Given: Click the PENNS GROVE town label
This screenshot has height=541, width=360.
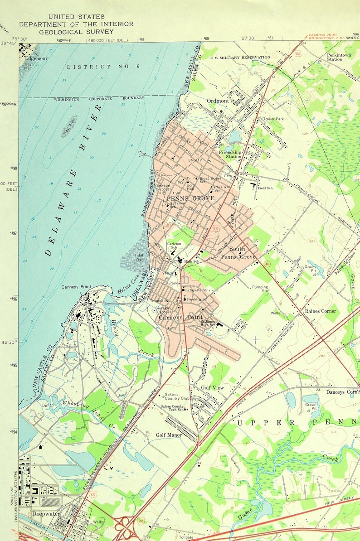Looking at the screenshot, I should click(x=184, y=198).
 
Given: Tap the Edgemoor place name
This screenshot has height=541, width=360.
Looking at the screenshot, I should click(x=36, y=58).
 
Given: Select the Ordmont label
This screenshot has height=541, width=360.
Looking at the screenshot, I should click(x=218, y=101).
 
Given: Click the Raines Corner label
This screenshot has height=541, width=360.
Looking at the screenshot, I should click(x=321, y=311).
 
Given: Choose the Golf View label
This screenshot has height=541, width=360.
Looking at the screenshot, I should click(x=213, y=388).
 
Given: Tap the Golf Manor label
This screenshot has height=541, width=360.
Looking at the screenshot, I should click(x=169, y=435).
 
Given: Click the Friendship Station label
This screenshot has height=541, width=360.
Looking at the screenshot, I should click(x=230, y=155).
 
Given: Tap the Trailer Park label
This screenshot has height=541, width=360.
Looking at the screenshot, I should click(x=273, y=119).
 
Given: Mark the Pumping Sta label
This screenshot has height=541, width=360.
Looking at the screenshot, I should click(x=260, y=289).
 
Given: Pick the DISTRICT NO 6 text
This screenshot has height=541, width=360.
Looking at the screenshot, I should click(x=95, y=67).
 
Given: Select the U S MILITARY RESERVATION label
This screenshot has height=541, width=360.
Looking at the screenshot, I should click(x=240, y=58).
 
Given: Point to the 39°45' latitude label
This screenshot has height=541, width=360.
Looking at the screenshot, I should click(x=9, y=43).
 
